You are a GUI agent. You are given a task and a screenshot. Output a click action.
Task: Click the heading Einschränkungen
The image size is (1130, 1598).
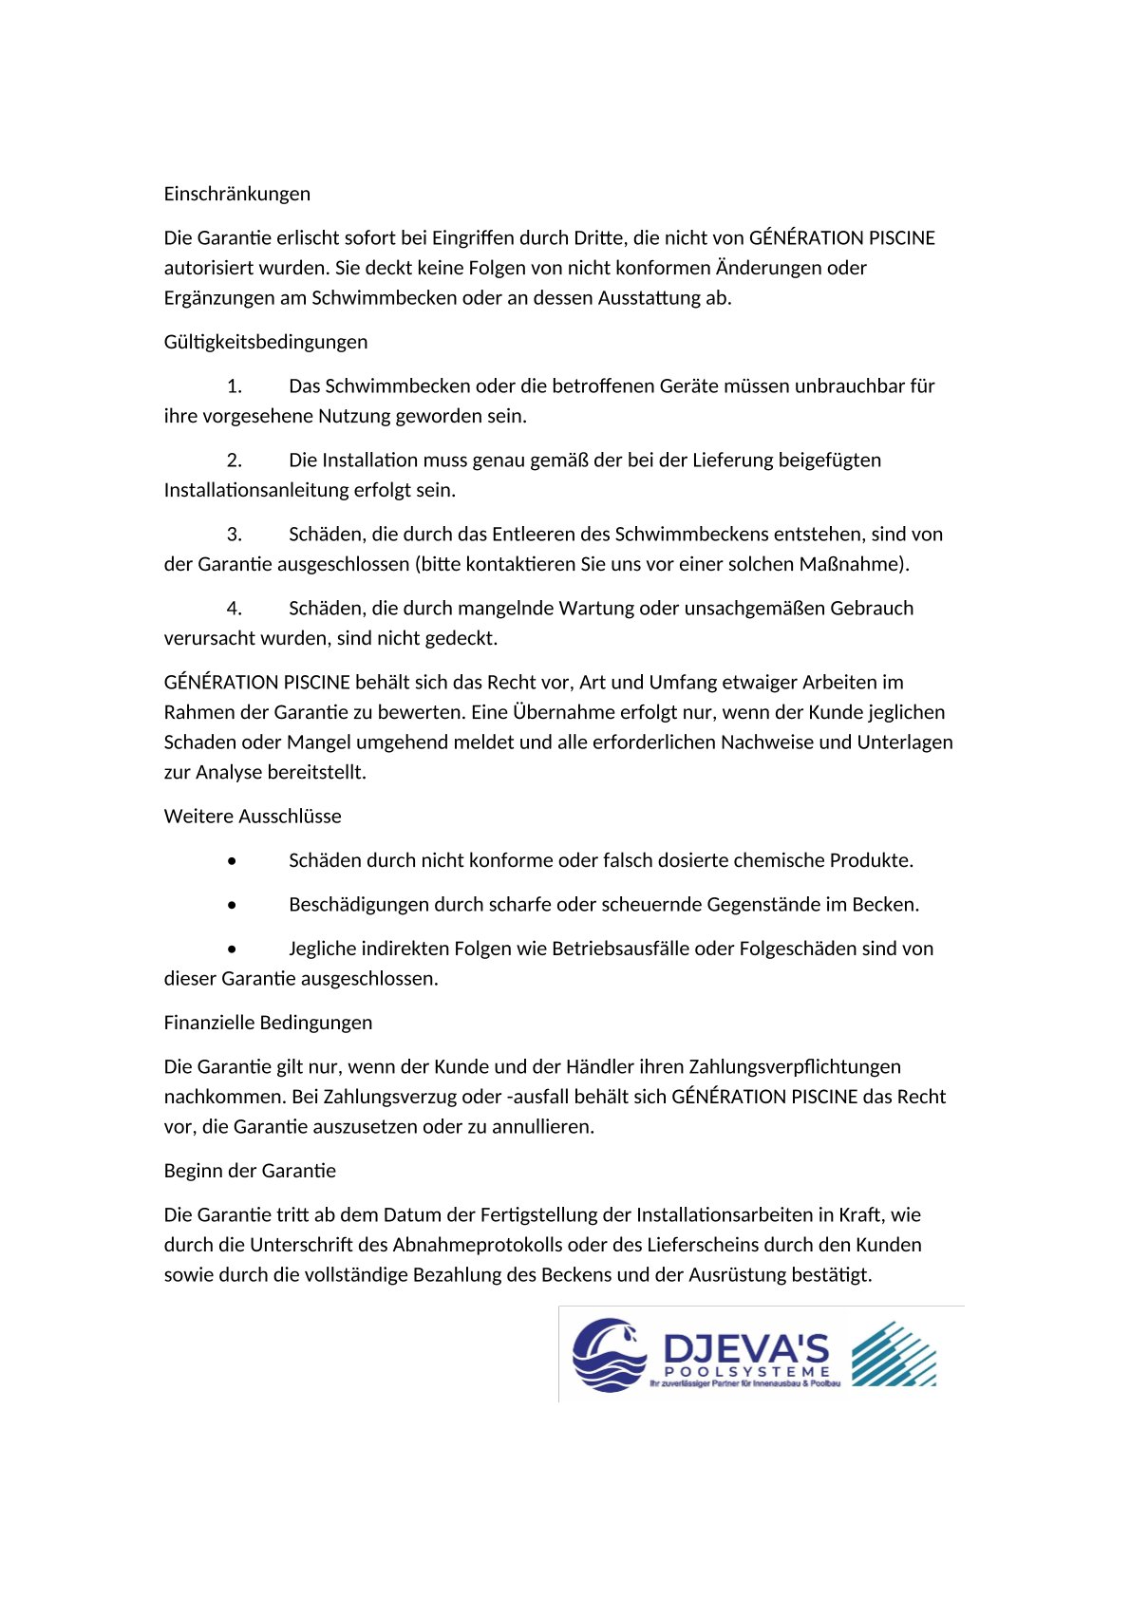tap(236, 194)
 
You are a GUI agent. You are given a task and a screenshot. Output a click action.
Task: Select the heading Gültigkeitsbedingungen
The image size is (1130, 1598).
tap(265, 342)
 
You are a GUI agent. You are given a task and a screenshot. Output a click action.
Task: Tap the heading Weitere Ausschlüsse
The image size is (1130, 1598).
tap(252, 817)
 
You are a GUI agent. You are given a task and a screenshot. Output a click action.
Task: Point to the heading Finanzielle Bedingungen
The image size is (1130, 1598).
tap(268, 1023)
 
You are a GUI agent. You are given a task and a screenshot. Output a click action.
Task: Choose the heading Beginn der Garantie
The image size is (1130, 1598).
tap(250, 1171)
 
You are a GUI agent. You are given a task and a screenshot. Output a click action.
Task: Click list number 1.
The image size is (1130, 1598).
tap(234, 386)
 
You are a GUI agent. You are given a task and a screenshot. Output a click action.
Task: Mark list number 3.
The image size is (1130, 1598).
tap(234, 535)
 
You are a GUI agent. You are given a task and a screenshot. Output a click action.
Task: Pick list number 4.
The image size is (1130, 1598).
tap(234, 609)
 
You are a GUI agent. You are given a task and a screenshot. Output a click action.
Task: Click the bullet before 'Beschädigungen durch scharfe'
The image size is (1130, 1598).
tap(233, 905)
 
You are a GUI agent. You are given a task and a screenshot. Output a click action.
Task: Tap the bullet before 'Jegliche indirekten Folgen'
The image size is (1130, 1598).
tap(233, 949)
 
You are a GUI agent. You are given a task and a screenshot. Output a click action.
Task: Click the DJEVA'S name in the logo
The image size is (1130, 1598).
tap(745, 1348)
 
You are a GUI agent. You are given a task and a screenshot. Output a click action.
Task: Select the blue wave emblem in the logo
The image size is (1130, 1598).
tap(609, 1355)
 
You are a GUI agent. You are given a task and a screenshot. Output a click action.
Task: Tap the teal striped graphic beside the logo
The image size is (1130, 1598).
tap(894, 1354)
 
